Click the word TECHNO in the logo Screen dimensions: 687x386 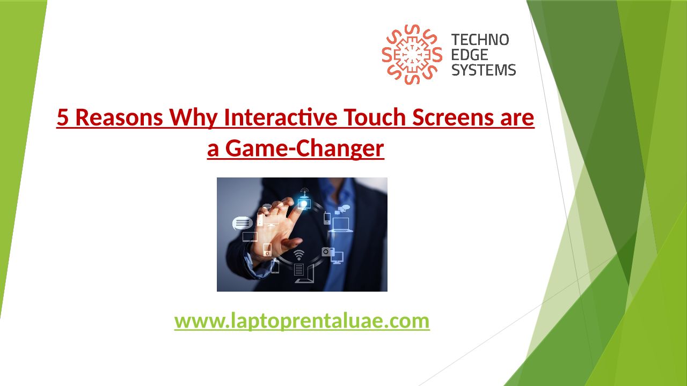[x=480, y=40]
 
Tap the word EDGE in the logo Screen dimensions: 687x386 [x=469, y=55]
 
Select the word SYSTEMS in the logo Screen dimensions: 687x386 [x=484, y=70]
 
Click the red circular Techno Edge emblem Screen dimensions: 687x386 [x=412, y=55]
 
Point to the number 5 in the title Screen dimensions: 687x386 [x=63, y=117]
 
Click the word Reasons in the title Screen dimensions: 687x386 [x=119, y=117]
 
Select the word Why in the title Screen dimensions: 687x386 [x=194, y=118]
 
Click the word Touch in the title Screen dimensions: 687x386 [x=374, y=117]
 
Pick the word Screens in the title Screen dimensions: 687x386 [x=453, y=117]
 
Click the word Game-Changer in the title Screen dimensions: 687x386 [x=304, y=149]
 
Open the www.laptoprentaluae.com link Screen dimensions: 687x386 [x=302, y=321]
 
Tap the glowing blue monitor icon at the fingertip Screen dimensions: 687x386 [x=304, y=204]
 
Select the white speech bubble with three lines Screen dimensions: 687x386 [x=242, y=223]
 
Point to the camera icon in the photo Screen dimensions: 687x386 [x=327, y=252]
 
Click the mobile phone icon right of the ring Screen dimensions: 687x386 [x=327, y=218]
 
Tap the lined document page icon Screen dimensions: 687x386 [x=299, y=270]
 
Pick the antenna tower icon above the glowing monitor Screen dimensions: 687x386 [x=304, y=192]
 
